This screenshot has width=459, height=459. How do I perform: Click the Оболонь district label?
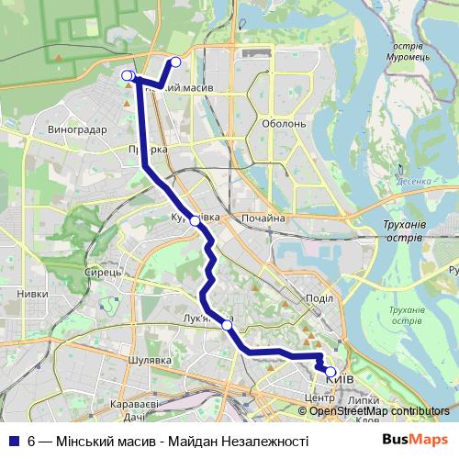click(x=284, y=124)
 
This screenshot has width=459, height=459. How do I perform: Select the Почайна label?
click(x=263, y=218)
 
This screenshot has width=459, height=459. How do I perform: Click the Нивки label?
click(x=32, y=294)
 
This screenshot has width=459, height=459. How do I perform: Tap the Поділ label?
click(x=319, y=297)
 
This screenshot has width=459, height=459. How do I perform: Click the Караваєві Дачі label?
click(x=135, y=410)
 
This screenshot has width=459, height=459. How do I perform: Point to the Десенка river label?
click(x=413, y=182)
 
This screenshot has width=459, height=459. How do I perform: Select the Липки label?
click(x=364, y=401)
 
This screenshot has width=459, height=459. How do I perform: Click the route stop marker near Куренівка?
click(x=195, y=221)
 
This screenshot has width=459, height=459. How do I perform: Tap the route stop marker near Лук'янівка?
click(x=227, y=325)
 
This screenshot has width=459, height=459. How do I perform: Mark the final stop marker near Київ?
click(x=330, y=372)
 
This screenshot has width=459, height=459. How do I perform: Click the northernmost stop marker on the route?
click(x=175, y=62)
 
